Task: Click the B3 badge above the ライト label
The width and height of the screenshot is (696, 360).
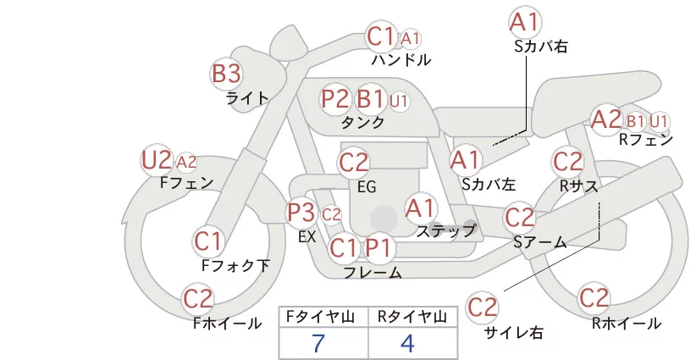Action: click(226, 73)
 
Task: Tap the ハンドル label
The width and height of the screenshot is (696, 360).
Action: click(401, 59)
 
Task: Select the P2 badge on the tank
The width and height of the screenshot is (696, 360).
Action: click(334, 98)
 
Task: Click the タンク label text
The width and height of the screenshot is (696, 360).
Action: click(362, 123)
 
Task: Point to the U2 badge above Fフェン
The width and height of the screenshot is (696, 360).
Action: click(157, 160)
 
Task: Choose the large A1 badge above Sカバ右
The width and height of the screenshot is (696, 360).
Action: click(525, 22)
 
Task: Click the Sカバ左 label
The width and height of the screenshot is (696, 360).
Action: click(489, 184)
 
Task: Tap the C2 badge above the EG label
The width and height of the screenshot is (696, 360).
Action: click(354, 163)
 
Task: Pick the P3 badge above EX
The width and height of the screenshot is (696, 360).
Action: click(301, 213)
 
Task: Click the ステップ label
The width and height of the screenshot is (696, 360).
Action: click(445, 231)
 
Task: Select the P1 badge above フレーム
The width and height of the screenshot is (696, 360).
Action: click(379, 247)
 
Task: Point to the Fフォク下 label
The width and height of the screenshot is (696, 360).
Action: click(235, 265)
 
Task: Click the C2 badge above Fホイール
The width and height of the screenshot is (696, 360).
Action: click(198, 299)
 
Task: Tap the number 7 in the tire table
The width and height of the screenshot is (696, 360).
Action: click(318, 343)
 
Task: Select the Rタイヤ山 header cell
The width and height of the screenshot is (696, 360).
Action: click(413, 317)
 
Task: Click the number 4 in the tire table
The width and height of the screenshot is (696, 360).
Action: click(407, 343)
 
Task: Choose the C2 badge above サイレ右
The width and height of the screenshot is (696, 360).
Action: click(482, 307)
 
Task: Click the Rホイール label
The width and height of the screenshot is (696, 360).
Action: click(627, 324)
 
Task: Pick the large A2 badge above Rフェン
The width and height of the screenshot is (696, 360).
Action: click(606, 119)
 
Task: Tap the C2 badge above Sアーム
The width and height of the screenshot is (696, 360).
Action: click(520, 218)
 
